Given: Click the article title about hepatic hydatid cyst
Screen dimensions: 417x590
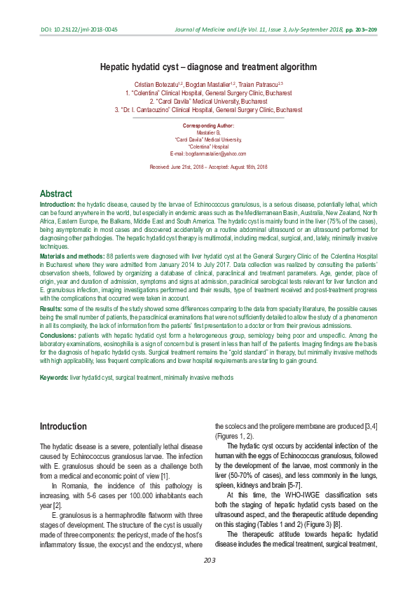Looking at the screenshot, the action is pos(208,67).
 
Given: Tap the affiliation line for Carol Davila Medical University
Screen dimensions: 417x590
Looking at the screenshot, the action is pos(208,101).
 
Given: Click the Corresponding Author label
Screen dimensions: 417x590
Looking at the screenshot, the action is pos(208,125).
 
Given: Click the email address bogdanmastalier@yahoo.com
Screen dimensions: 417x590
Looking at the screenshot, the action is pos(208,153).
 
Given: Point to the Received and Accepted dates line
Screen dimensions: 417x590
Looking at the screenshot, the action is pos(208,167).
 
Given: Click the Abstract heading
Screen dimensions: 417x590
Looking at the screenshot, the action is pos(56,193).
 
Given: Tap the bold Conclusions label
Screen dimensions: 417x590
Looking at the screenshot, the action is pos(58,335).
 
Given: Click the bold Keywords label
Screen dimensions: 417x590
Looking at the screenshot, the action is pos(54,378).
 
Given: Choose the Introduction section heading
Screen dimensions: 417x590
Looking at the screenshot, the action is pos(63,426).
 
